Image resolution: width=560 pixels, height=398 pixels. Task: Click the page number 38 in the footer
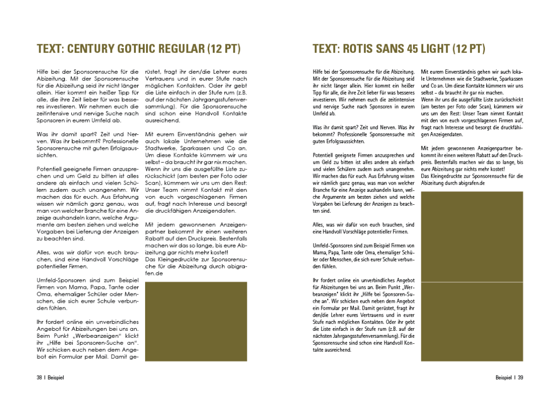click(40, 377)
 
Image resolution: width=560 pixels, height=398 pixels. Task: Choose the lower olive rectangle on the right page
click(472, 321)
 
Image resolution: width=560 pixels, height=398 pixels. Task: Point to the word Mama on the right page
click(319, 252)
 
